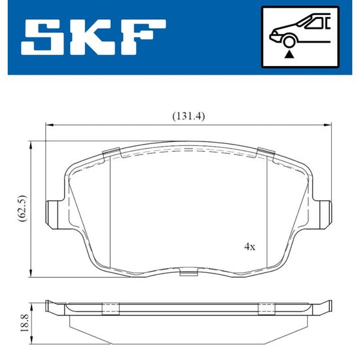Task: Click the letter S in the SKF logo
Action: click(43, 37)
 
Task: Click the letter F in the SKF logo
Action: click(143, 37)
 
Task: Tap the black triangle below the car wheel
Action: click(289, 55)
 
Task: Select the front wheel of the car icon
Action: click(289, 42)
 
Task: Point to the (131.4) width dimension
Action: click(189, 117)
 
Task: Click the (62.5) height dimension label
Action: click(22, 208)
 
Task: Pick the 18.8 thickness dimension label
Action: click(24, 323)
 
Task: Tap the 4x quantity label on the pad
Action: click(249, 247)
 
